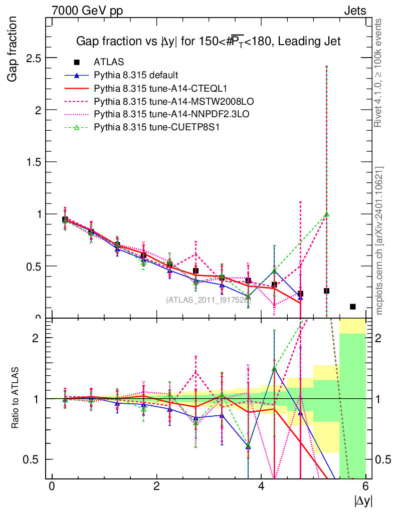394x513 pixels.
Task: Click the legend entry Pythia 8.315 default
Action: pos(136,75)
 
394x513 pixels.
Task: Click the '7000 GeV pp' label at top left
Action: pos(87,11)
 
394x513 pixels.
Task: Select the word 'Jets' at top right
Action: pos(354,11)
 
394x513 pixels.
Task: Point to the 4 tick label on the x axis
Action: pos(261,486)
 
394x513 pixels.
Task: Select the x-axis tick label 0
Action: pos(52,486)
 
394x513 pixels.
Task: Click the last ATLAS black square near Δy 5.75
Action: pos(353,307)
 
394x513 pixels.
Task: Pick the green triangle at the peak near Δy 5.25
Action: pos(326,214)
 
